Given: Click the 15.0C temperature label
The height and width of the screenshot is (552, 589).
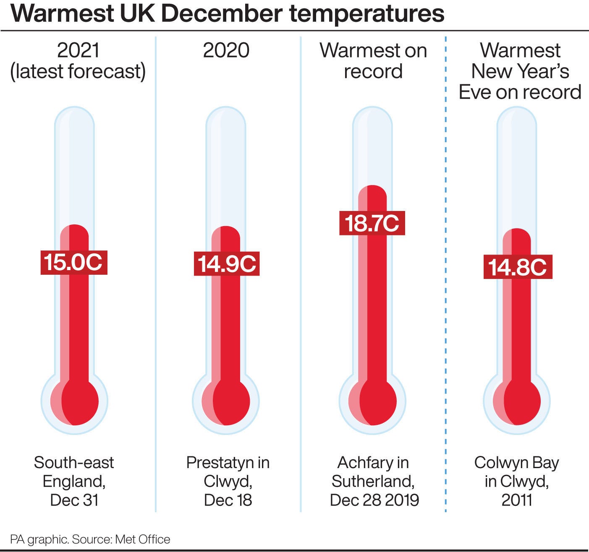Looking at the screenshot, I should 74,262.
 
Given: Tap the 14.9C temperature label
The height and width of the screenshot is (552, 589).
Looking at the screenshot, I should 227,264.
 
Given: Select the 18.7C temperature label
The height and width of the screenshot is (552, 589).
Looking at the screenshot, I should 372,223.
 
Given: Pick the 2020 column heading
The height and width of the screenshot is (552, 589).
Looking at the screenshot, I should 226,51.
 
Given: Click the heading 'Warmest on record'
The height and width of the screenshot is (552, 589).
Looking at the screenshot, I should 373,61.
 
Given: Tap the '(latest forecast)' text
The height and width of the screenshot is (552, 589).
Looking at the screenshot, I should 78,71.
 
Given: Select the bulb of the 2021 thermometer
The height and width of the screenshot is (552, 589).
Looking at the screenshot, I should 75,401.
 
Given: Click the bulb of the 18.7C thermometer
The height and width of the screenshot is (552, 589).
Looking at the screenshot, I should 372,401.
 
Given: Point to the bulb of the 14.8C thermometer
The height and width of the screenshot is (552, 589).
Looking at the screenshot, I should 517,401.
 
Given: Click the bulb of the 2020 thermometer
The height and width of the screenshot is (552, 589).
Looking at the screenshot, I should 226,401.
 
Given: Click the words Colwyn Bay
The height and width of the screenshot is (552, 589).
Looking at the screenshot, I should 517,463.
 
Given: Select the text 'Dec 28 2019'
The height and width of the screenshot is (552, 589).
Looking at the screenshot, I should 374,500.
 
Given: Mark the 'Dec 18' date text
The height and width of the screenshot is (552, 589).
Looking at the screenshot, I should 228,500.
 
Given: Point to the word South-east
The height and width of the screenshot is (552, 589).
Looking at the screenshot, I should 74,463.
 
